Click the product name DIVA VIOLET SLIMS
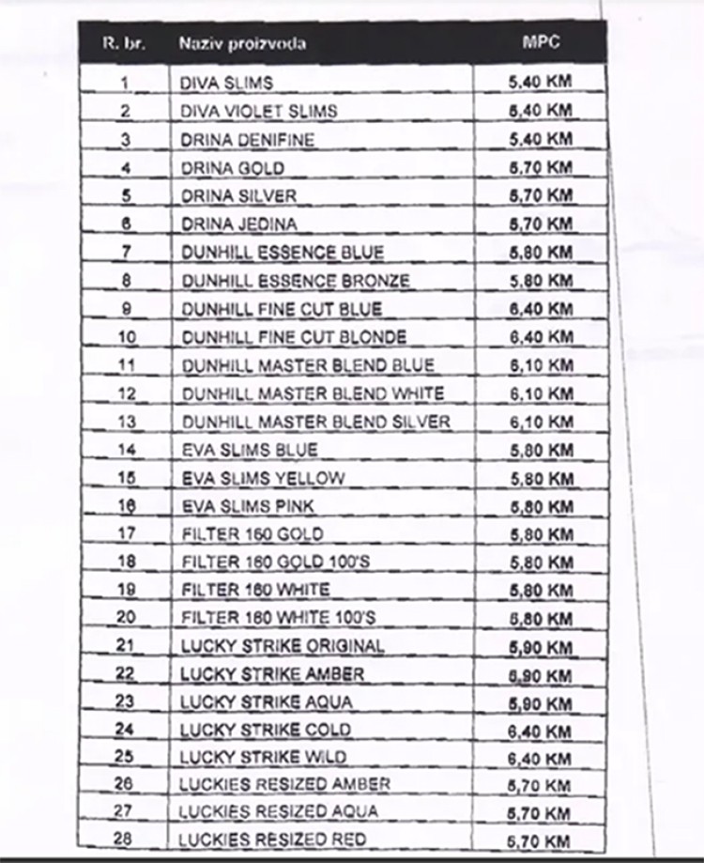(258, 112)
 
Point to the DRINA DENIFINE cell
(247, 140)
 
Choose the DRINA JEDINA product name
(238, 224)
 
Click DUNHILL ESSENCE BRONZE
(296, 281)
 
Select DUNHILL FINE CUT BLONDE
(294, 337)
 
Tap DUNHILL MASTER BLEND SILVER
(315, 422)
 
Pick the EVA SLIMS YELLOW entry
(263, 478)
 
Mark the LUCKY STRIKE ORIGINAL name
(282, 646)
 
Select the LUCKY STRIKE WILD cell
(263, 757)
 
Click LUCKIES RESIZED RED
(272, 839)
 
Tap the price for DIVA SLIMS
(540, 83)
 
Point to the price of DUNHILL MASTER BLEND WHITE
(540, 393)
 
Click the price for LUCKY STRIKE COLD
(540, 729)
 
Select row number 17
(126, 534)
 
